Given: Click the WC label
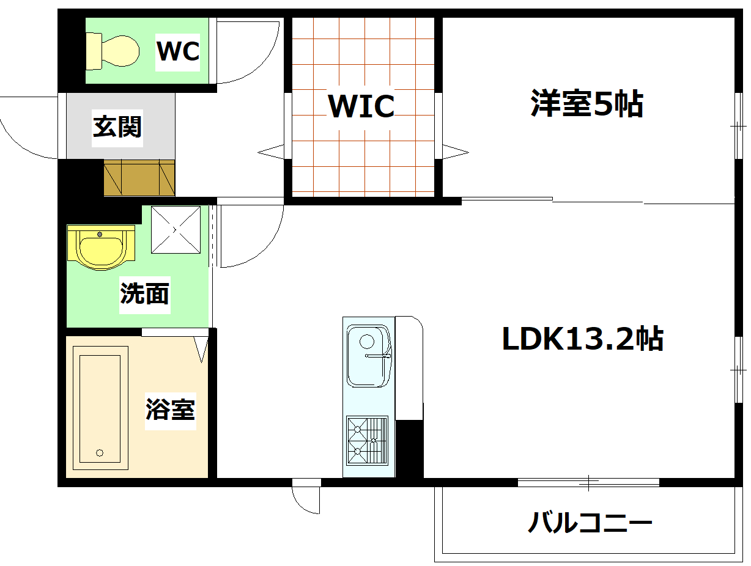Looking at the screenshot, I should (178, 51).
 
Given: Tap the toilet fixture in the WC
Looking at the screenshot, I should (113, 50).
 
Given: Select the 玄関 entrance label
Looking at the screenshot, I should (117, 127).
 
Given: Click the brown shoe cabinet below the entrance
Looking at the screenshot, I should (139, 178).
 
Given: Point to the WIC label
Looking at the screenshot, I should (361, 106).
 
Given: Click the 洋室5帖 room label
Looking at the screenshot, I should (586, 104).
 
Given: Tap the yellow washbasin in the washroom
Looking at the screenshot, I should (100, 247).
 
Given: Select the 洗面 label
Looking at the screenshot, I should (144, 294).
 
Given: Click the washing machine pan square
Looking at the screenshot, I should (176, 229).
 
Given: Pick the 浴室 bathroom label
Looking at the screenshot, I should (171, 409).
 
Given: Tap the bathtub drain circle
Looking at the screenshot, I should (100, 453).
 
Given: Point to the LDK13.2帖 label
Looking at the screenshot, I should (582, 339).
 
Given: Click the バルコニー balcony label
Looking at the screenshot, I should (590, 523).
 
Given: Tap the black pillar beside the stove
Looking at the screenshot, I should (410, 449).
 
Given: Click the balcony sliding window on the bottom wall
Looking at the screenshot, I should (588, 482).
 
